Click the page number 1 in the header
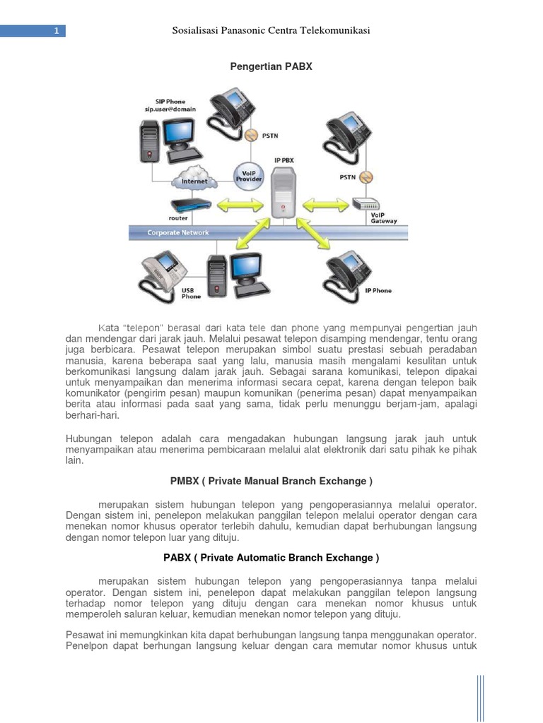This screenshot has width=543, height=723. pos(55,31)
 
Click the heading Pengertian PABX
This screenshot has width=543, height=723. pos(271,66)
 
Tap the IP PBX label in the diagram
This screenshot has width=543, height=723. pos(284,161)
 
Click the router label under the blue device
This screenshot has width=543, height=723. pos(178,219)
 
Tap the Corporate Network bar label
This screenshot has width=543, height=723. pos(177,233)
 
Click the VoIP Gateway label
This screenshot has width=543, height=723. pos(384,217)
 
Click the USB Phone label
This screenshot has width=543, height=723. pos(191,293)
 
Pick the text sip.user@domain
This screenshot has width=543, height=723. pos(170,110)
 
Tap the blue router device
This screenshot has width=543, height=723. pos(192,205)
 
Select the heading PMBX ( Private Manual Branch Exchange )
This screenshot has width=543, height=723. pos(271,482)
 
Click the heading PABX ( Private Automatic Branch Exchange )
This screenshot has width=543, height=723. pos(271,558)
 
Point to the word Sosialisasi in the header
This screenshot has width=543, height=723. pos(197,31)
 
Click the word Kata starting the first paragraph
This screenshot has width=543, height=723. pos(109,327)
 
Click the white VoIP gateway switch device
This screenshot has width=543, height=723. pos(370,204)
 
